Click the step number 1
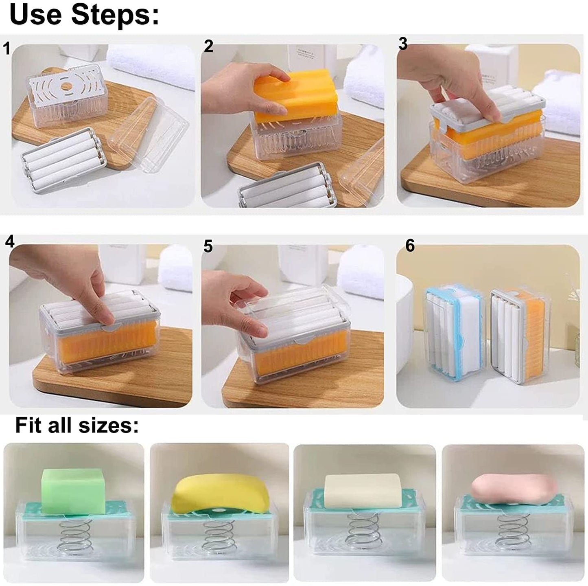click(6, 48)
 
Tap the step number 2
click(208, 46)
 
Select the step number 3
click(402, 44)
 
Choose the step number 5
click(208, 246)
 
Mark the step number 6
click(410, 246)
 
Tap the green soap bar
click(74, 487)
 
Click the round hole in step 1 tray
click(66, 86)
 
